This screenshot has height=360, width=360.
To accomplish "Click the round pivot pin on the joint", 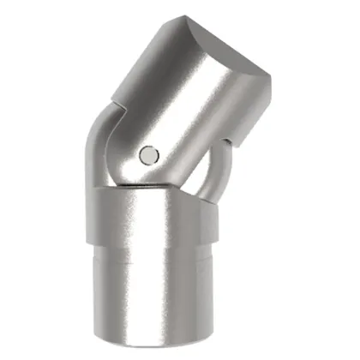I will (x=148, y=155).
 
